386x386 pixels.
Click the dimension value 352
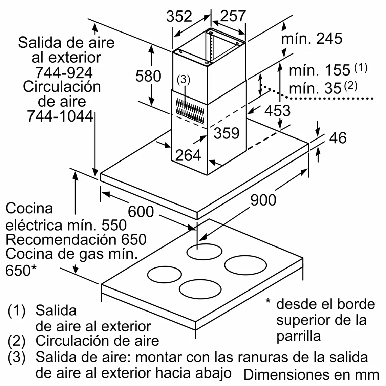pos(179,16)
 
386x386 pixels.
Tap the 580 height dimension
pos(148,76)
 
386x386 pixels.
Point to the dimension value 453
pos(277,110)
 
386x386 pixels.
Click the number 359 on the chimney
pos(226,133)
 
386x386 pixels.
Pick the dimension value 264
pos(188,155)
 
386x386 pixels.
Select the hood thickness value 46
pos(338,137)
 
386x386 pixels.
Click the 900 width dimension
pos(263,200)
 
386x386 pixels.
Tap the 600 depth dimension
pos(141,212)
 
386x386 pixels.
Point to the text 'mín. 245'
pos(312,39)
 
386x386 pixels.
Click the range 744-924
pos(64,72)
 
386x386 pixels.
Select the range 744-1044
pos(60,116)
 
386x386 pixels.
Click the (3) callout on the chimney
pos(184,80)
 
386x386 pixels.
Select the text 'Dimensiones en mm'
pos(311,374)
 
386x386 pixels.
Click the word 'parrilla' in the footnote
pos(298,336)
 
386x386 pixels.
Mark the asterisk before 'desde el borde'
pos(268,301)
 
